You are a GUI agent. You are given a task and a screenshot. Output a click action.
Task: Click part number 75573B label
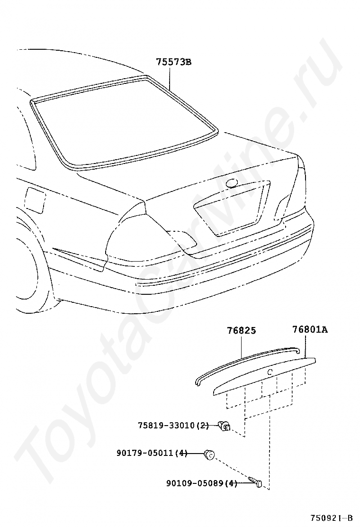click(x=173, y=62)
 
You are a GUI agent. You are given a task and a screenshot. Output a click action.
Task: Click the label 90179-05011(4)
click(x=152, y=454)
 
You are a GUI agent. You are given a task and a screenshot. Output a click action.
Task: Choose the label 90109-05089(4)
click(x=201, y=483)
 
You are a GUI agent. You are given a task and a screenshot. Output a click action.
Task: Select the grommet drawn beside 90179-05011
click(x=208, y=454)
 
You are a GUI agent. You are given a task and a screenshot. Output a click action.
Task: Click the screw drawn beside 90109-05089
click(x=256, y=482)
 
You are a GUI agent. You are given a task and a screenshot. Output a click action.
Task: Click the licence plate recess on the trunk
click(x=230, y=209)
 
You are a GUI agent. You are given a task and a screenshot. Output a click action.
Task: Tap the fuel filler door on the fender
click(x=34, y=200)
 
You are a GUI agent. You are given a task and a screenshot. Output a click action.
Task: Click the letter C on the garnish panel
click(x=269, y=373)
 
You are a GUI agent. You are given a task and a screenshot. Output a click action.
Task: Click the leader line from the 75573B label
click(x=169, y=78)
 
